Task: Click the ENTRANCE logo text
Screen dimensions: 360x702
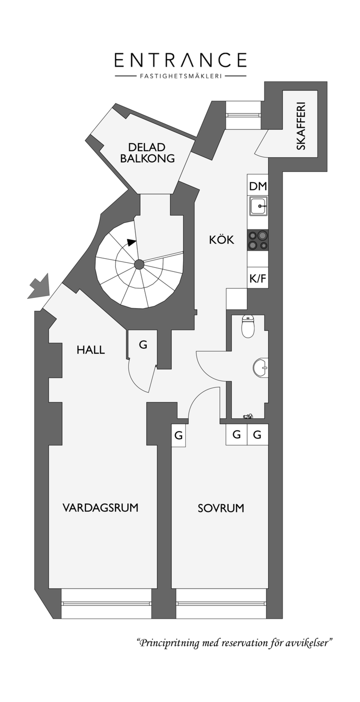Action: pyautogui.click(x=180, y=60)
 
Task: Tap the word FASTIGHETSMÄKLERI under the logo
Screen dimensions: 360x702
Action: pyautogui.click(x=180, y=76)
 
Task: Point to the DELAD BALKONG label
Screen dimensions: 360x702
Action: pyautogui.click(x=147, y=153)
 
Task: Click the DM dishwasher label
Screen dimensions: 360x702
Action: pyautogui.click(x=258, y=186)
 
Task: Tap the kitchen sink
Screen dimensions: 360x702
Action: pyautogui.click(x=258, y=206)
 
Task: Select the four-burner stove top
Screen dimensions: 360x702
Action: pyautogui.click(x=258, y=240)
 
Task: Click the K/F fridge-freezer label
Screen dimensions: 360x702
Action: pyautogui.click(x=258, y=278)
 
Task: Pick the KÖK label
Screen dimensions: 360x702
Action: pyautogui.click(x=221, y=240)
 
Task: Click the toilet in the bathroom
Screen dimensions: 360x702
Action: pyautogui.click(x=248, y=326)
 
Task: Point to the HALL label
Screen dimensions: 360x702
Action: pyautogui.click(x=90, y=350)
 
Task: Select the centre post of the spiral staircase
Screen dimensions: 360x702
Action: pyautogui.click(x=139, y=265)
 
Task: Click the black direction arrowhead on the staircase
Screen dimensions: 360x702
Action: pyautogui.click(x=132, y=242)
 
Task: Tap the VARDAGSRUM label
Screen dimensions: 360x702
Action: pyautogui.click(x=101, y=507)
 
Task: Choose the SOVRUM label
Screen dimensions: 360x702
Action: pyautogui.click(x=221, y=508)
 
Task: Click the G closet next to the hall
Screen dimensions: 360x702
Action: pyautogui.click(x=143, y=345)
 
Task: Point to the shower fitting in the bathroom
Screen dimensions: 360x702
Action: pyautogui.click(x=248, y=416)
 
